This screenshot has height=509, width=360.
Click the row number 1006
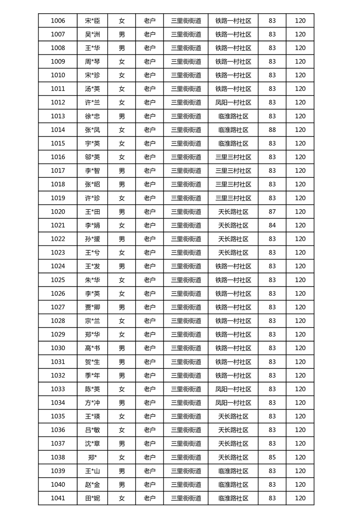[58, 20]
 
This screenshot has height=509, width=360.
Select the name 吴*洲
[92, 34]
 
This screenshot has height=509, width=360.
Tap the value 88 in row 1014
[272, 130]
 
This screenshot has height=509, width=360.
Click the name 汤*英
[92, 89]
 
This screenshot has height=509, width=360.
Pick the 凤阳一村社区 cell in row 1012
[233, 103]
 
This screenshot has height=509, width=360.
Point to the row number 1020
[58, 211]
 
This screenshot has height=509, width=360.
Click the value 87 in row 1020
[272, 211]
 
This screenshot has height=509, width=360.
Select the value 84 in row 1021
[272, 225]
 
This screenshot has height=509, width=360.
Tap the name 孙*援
[92, 239]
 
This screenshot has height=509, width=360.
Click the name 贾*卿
[92, 307]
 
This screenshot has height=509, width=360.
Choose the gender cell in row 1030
[122, 348]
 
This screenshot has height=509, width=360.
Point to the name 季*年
[92, 375]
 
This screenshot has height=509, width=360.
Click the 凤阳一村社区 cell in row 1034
[233, 402]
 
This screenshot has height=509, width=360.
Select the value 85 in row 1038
[272, 457]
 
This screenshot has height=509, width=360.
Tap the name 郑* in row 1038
[92, 457]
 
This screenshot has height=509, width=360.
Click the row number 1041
[58, 498]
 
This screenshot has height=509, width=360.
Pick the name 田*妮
[92, 498]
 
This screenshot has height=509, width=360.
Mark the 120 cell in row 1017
[300, 171]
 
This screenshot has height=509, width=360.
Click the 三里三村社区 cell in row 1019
[233, 198]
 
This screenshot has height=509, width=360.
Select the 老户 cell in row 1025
[150, 280]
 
